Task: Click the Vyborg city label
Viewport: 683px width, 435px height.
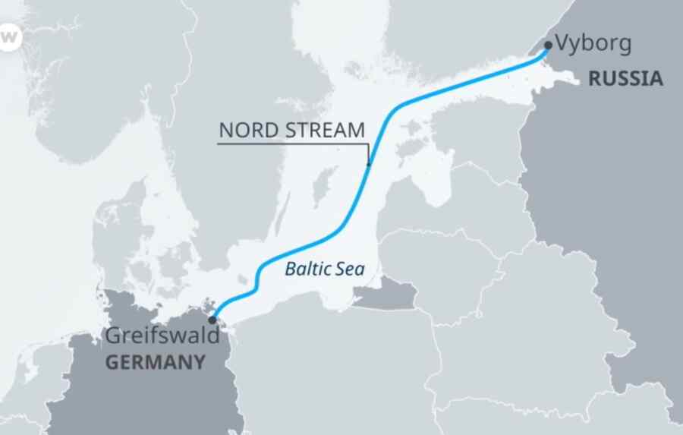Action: [x=593, y=43]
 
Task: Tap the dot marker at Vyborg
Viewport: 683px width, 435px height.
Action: [x=549, y=45]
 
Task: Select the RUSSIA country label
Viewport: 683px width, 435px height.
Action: [x=625, y=78]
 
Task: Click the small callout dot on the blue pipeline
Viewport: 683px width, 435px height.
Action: [x=369, y=164]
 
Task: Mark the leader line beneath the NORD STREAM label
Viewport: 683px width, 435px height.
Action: [x=292, y=142]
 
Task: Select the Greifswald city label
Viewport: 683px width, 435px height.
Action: [x=162, y=336]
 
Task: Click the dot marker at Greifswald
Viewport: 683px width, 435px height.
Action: [x=212, y=320]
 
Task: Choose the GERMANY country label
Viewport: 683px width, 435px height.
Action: [x=155, y=362]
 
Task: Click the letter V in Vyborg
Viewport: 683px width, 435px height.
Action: [x=562, y=43]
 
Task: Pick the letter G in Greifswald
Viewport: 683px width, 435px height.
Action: [x=112, y=336]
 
